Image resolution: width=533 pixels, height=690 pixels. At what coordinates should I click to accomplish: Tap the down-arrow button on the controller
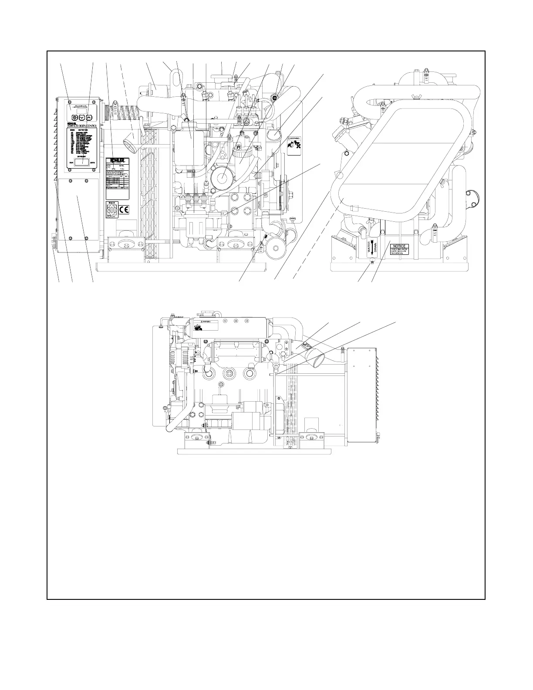pos(82,117)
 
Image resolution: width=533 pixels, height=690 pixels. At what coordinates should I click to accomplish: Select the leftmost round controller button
pos(74,117)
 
